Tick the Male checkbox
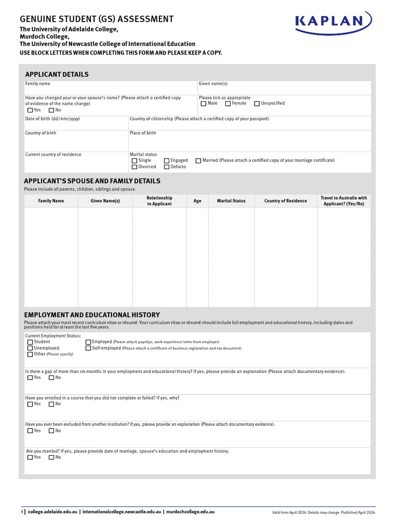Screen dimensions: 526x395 click(204, 104)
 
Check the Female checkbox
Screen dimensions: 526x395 click(228, 104)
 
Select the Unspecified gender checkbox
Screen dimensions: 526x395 click(257, 104)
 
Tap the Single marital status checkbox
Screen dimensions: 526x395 click(134, 161)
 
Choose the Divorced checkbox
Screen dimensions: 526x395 click(134, 167)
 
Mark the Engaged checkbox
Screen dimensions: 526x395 click(167, 161)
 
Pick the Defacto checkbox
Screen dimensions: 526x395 click(167, 167)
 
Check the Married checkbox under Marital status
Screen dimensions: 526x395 click(199, 161)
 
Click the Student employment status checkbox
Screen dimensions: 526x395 click(30, 342)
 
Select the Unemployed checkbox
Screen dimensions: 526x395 click(30, 348)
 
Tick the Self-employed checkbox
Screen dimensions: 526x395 click(88, 348)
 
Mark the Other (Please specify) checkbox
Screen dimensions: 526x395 click(30, 354)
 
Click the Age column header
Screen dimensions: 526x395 click(197, 201)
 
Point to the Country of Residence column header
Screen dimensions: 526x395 click(285, 201)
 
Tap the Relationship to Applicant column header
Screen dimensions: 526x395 click(159, 201)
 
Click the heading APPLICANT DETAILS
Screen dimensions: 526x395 click(56, 74)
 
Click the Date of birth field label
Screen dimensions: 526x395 click(52, 119)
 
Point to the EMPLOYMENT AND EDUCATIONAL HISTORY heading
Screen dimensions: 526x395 click(92, 315)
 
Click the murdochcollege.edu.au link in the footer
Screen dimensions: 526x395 click(190, 512)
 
